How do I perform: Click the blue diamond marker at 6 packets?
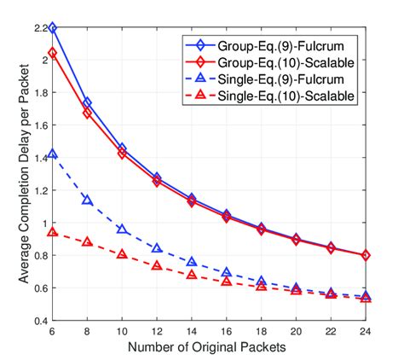pos(52,28)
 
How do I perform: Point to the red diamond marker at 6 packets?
pos(52,53)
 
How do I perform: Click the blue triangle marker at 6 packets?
pos(52,154)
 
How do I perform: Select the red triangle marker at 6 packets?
pos(52,232)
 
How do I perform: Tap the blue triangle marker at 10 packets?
pos(122,229)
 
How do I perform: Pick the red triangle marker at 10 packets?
pos(122,254)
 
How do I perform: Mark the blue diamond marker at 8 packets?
pos(87,102)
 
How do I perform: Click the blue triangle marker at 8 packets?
pos(87,200)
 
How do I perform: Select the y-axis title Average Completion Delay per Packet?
pos(15,175)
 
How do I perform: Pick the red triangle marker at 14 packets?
pos(192,275)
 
